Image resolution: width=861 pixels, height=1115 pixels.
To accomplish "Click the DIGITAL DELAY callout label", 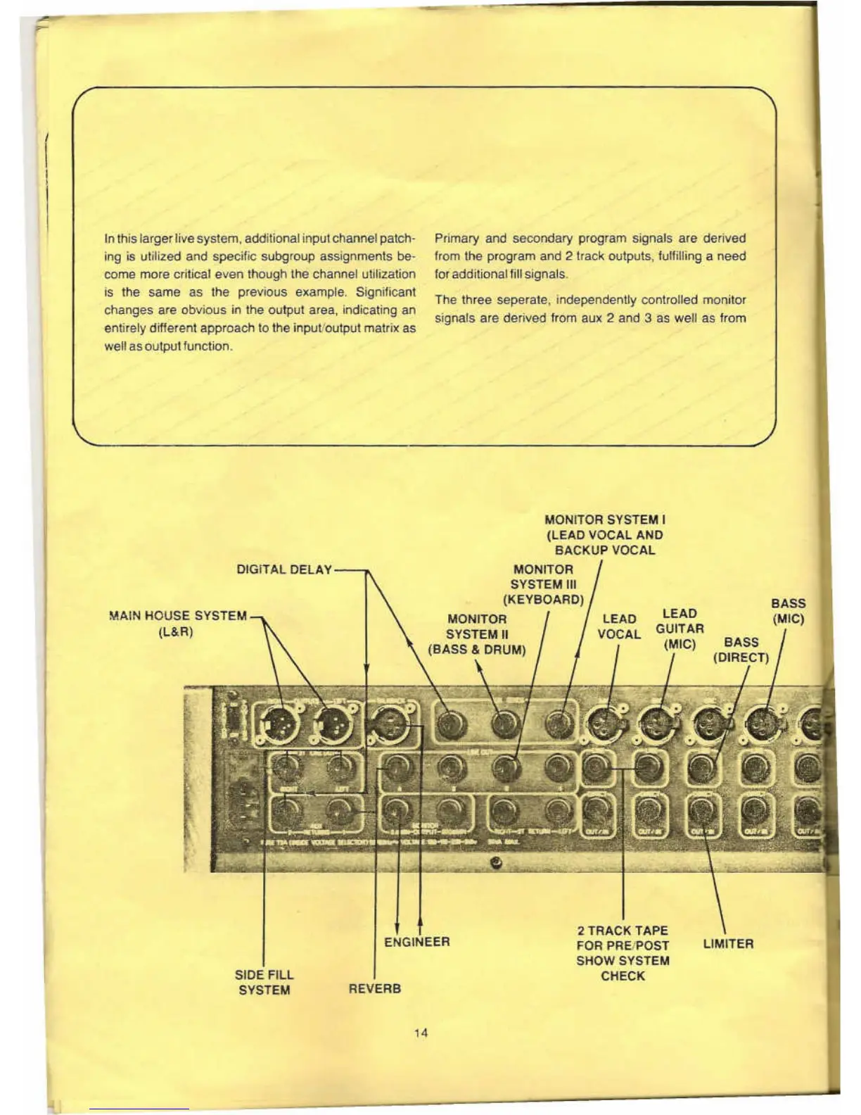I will point(284,569).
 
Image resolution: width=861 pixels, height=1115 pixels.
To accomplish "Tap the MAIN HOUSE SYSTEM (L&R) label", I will point(177,623).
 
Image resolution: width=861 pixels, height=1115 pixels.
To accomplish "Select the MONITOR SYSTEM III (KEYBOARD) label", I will point(543,584).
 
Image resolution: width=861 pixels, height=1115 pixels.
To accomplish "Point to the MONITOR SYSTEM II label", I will point(477,634).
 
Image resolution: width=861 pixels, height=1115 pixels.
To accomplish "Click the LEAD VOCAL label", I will point(619,626).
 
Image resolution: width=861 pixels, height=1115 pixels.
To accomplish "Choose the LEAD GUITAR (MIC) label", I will point(680,629).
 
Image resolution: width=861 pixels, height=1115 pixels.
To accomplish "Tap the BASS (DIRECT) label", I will point(741,650).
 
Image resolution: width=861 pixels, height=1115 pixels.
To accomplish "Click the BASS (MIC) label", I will point(789,611).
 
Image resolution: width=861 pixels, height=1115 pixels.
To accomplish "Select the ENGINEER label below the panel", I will point(417,942).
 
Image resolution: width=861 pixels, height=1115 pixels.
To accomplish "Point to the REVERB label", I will point(375,988).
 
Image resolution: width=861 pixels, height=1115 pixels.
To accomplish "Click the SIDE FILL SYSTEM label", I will point(264,982).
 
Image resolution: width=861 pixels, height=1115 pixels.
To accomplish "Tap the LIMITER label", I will point(728,944).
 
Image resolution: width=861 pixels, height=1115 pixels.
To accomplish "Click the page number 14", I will point(421,1033).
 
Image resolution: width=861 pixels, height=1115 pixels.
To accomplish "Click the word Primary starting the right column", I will point(457,239).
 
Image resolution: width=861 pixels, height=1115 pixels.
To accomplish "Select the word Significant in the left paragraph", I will point(385,292).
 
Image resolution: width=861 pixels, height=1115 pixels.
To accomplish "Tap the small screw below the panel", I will point(497,864).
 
